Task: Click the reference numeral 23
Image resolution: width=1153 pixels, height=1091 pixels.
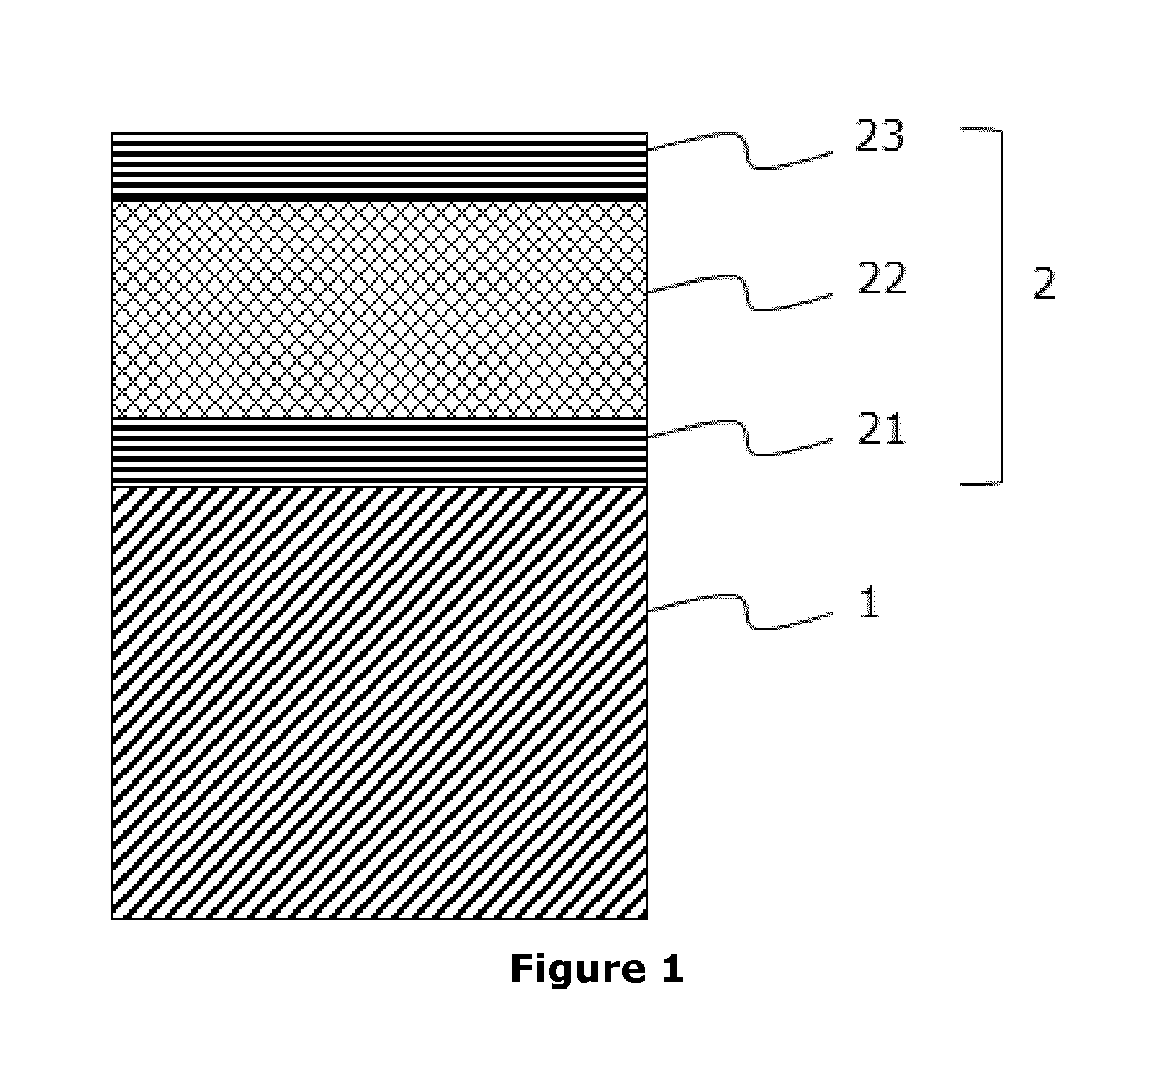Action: coord(879,136)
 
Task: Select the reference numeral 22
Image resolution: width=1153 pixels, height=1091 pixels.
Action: coord(881,278)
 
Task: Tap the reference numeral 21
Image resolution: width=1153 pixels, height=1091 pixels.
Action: coord(881,429)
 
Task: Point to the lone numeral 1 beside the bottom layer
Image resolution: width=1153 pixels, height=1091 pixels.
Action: coord(869,602)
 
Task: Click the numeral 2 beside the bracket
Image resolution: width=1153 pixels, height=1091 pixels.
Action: coord(1044,284)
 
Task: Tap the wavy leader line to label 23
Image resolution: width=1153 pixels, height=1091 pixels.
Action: coord(740,151)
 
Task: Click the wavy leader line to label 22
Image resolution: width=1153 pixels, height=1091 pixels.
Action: coord(740,292)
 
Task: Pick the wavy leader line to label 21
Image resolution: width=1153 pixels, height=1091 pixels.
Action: coord(740,438)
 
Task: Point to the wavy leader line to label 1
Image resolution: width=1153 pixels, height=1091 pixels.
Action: coord(740,611)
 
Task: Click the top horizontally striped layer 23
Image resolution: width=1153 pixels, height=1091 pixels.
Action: coord(379,167)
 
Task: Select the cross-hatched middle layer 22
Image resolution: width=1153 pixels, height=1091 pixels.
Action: coord(379,310)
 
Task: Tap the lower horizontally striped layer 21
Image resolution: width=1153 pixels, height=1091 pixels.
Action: coord(379,452)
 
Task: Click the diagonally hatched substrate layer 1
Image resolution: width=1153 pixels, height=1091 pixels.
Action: coord(379,702)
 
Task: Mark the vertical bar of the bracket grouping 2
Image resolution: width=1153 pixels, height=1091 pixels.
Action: coord(1001,306)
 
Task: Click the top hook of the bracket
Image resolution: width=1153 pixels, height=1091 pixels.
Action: coord(981,130)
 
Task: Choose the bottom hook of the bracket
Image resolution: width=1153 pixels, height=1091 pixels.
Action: coord(981,484)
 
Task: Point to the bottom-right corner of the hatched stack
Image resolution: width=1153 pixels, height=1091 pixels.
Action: coord(647,919)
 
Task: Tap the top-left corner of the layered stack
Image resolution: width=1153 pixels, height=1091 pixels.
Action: coord(112,133)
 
